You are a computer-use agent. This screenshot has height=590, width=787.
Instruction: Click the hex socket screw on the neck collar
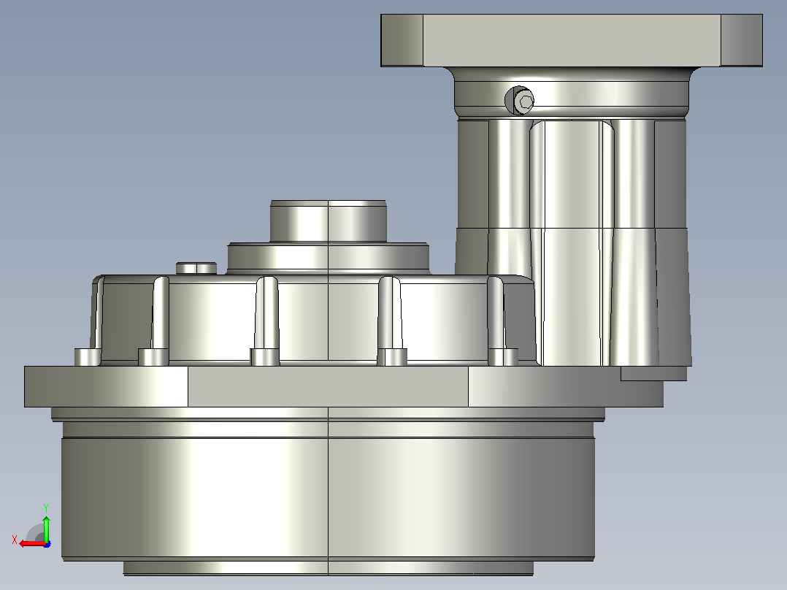click(520, 101)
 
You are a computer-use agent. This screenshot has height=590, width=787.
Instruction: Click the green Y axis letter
click(46, 507)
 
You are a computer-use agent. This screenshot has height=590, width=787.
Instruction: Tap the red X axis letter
click(15, 540)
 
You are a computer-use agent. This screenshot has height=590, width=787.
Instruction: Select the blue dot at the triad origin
click(47, 543)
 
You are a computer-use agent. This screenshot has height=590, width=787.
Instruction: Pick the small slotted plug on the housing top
click(196, 268)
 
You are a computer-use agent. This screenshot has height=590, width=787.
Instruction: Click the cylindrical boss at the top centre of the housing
click(329, 221)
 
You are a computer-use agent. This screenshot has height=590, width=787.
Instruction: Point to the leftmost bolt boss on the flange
click(88, 357)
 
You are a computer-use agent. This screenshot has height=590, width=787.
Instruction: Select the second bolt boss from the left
click(153, 357)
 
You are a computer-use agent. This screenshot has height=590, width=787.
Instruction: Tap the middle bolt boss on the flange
click(264, 357)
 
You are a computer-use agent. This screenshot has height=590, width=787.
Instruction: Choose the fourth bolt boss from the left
click(392, 357)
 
